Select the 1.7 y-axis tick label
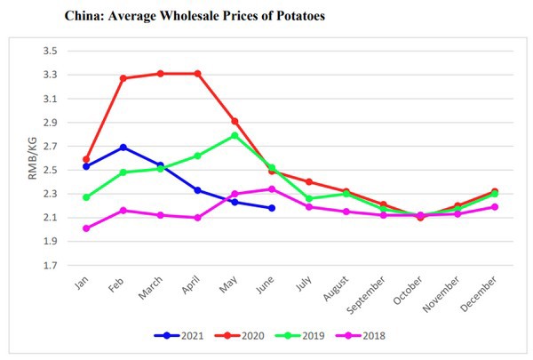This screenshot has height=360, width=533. coord(50,266)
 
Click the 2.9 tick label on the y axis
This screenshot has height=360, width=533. coord(50,123)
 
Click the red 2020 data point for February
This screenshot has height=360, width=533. coord(123,78)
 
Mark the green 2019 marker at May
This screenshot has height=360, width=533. coord(235,135)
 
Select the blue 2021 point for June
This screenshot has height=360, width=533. coord(272,208)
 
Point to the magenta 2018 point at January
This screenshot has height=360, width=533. coord(86,228)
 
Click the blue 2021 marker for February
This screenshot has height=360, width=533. coord(123,148)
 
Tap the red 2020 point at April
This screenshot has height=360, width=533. coord(197,74)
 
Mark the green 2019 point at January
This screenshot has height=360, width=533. coord(86,197)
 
